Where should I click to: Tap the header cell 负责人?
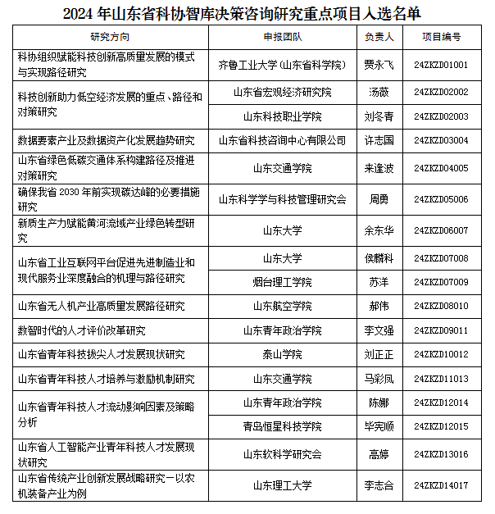(x=379, y=38)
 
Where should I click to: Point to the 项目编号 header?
(x=441, y=38)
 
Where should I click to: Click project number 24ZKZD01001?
(x=441, y=65)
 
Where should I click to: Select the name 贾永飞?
(x=379, y=65)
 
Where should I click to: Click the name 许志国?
(x=379, y=141)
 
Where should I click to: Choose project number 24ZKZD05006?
(x=441, y=199)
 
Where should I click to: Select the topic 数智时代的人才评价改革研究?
(x=82, y=330)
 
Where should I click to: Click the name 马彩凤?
(x=379, y=380)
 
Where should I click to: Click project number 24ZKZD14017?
(x=441, y=485)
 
